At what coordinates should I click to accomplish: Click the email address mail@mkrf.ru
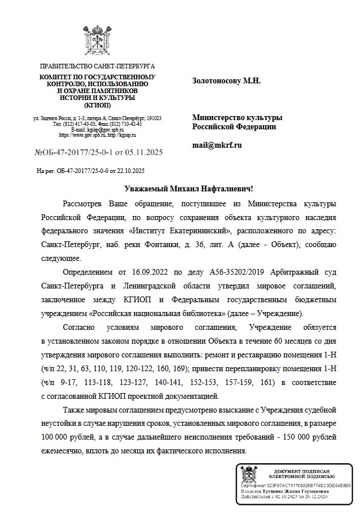click(216, 145)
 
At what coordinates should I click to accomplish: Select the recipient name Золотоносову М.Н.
click(226, 80)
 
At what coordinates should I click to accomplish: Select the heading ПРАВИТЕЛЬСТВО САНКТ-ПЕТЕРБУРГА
click(97, 67)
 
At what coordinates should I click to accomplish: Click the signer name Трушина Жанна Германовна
click(301, 491)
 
